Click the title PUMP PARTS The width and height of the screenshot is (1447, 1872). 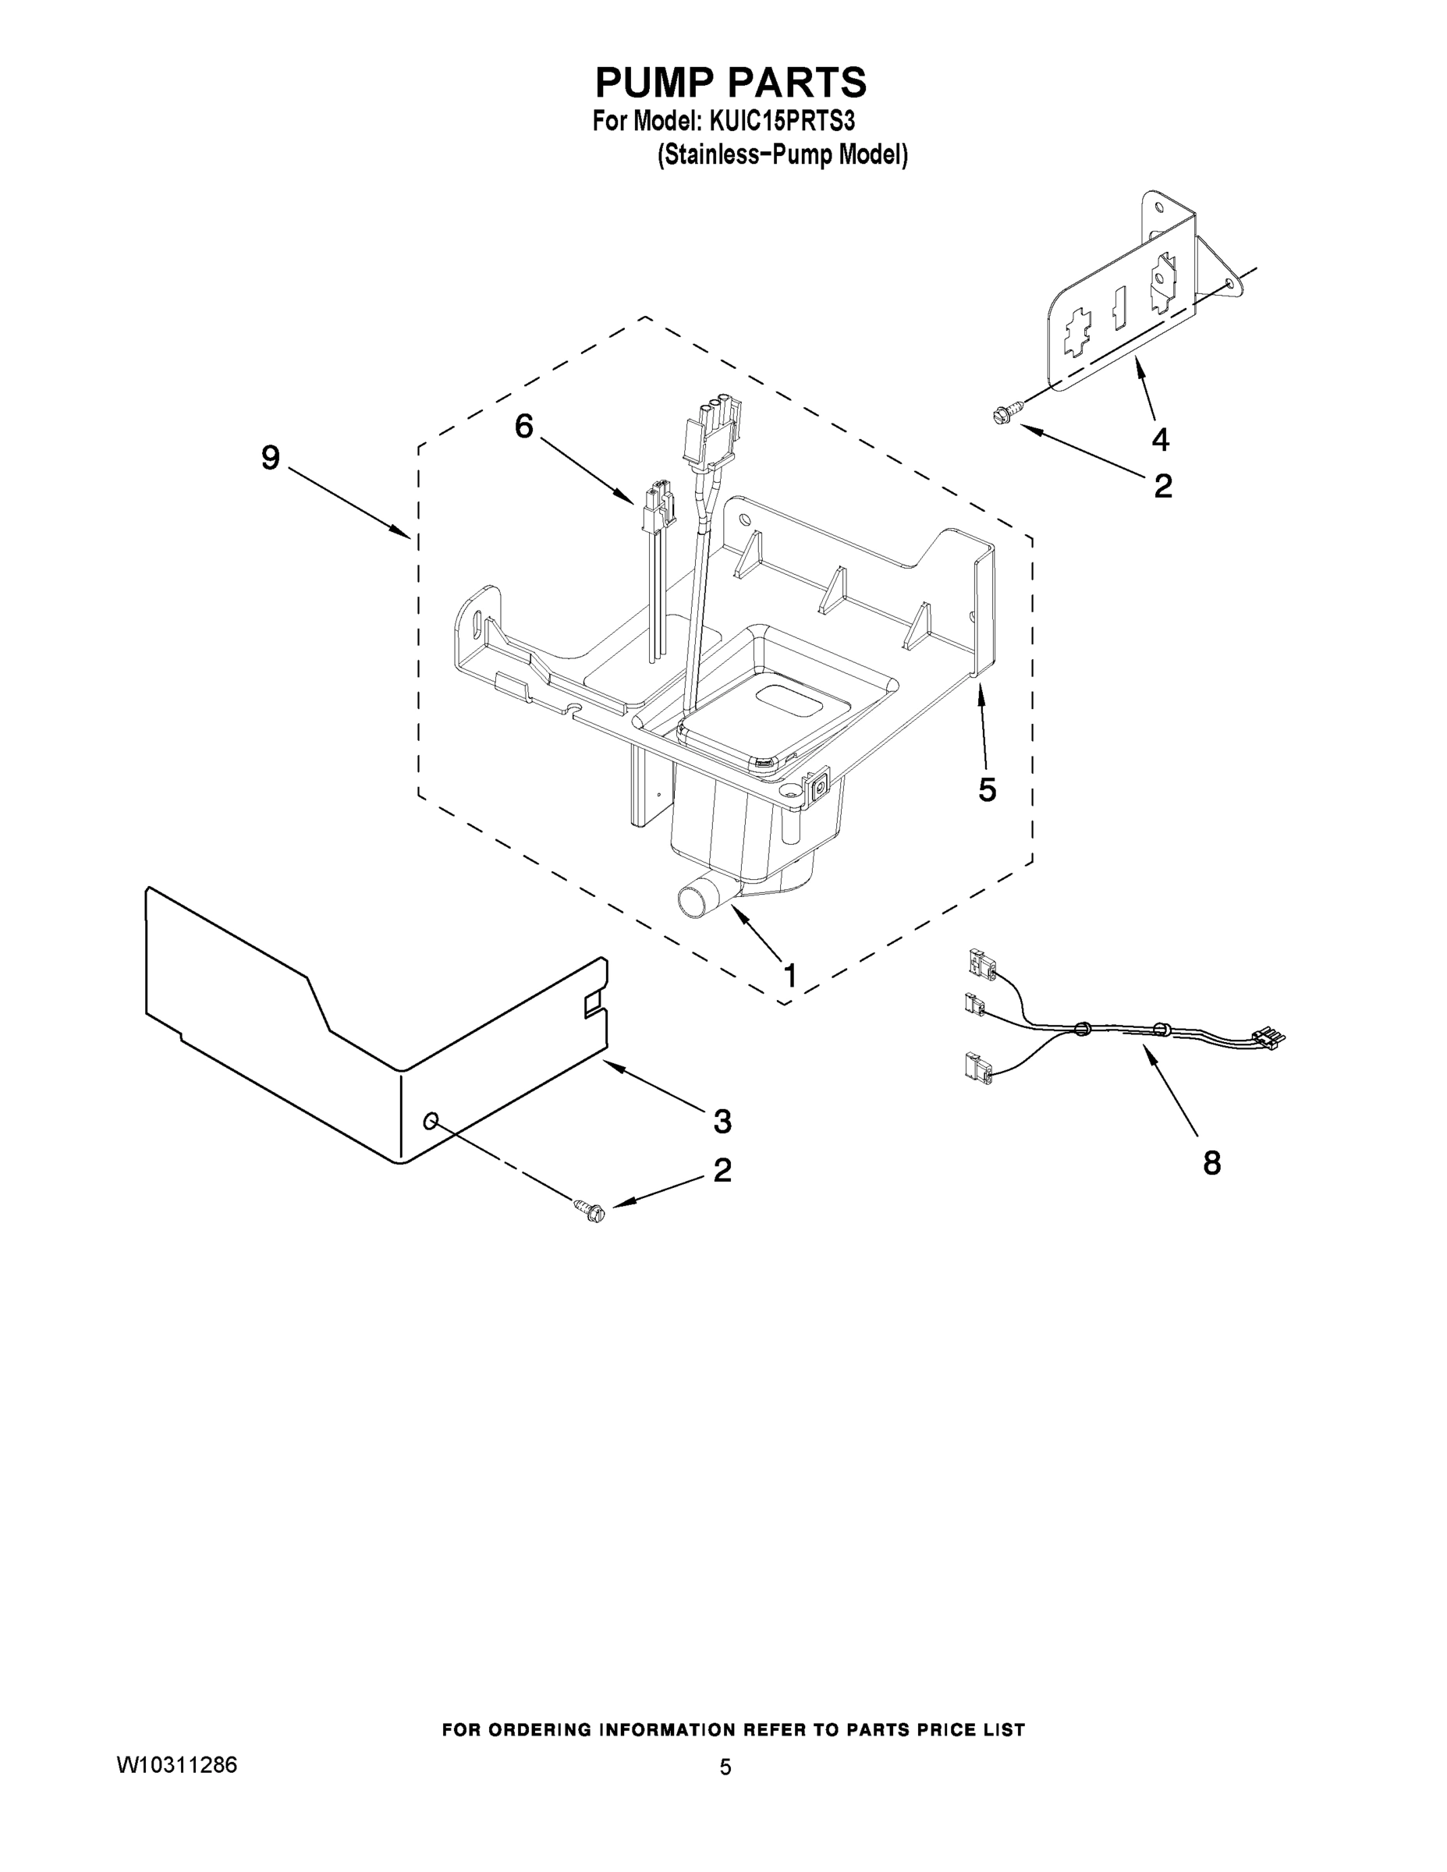730,83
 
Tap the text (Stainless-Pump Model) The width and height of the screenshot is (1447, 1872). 782,155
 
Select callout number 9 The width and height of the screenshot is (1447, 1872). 270,458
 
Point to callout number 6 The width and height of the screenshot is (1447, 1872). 523,426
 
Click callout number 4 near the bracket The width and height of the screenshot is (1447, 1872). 1160,440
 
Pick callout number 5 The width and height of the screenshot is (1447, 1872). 987,790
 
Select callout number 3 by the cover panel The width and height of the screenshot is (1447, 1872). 722,1120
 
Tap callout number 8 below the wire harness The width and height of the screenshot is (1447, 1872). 1211,1163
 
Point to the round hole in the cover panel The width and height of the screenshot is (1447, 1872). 431,1121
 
